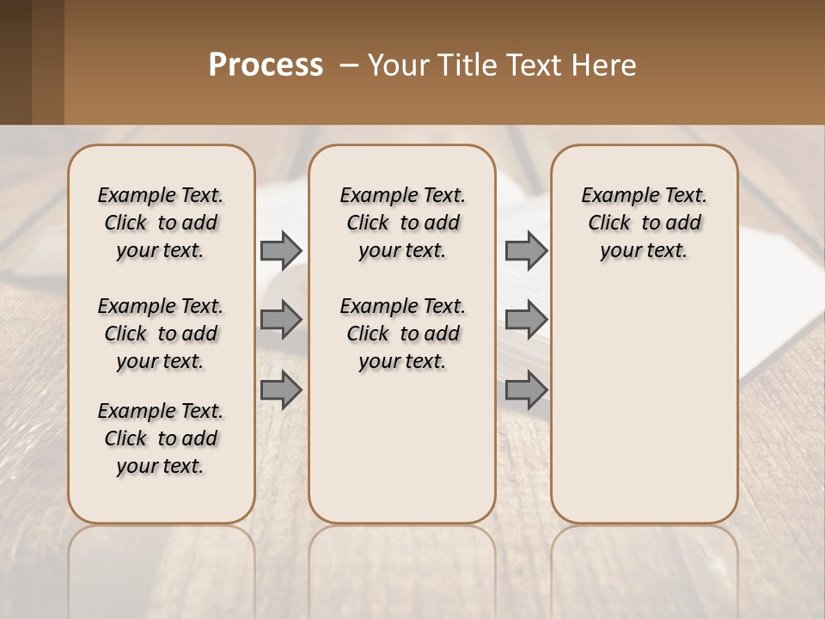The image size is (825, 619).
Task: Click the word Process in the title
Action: tap(266, 65)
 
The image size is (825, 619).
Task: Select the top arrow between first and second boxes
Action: tap(280, 250)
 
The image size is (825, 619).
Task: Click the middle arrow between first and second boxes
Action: tap(280, 320)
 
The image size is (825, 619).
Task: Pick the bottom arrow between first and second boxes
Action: tap(280, 390)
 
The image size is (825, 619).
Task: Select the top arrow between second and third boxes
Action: tap(525, 250)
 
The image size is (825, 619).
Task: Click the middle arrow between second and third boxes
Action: tap(525, 320)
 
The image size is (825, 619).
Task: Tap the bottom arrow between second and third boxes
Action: tap(525, 390)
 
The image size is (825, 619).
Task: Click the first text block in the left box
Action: tap(161, 223)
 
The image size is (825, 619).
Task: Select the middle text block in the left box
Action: tap(161, 334)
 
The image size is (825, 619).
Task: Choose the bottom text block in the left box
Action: tap(161, 438)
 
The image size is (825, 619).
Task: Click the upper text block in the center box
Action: tap(402, 223)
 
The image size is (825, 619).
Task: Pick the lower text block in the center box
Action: tap(402, 334)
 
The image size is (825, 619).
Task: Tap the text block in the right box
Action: tap(645, 223)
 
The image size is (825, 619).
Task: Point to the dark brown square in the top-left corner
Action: tap(32, 62)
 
